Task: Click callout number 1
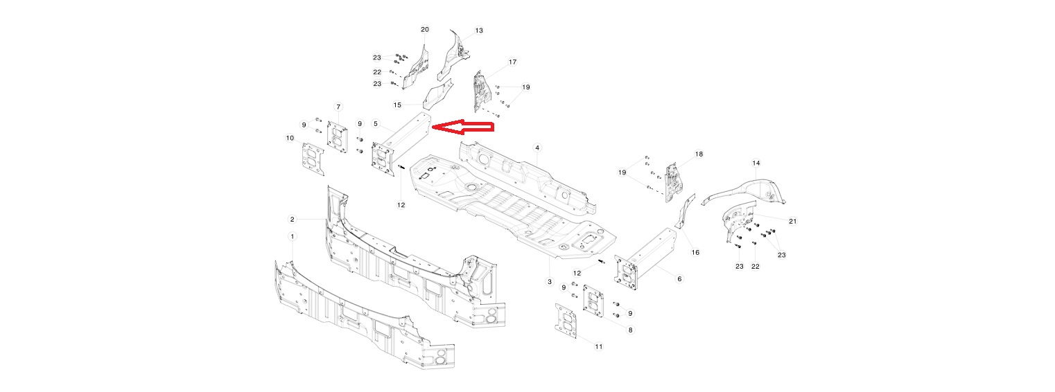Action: [x=293, y=236]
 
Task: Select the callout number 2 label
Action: [x=293, y=219]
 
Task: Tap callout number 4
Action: [x=537, y=148]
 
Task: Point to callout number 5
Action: [x=376, y=124]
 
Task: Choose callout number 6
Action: [x=679, y=278]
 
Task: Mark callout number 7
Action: [x=338, y=107]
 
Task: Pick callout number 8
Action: [x=630, y=330]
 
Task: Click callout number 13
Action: [x=479, y=30]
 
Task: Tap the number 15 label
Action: [x=397, y=105]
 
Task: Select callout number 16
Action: [x=695, y=252]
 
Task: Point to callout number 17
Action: [x=512, y=62]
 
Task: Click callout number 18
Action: [x=699, y=154]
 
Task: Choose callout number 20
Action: [x=425, y=29]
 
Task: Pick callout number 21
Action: [x=792, y=221]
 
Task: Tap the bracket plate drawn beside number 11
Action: [x=566, y=323]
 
